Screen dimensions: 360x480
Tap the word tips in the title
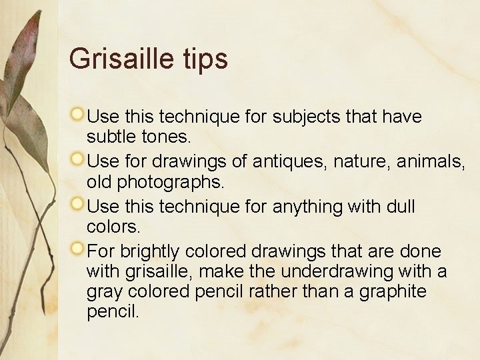pyautogui.click(x=205, y=59)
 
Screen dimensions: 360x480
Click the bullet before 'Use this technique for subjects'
pyautogui.click(x=78, y=115)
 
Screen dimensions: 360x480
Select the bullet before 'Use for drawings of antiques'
pyautogui.click(x=78, y=159)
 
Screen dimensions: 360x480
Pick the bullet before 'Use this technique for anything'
pyautogui.click(x=78, y=204)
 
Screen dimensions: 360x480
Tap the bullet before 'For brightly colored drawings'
pyautogui.click(x=78, y=249)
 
